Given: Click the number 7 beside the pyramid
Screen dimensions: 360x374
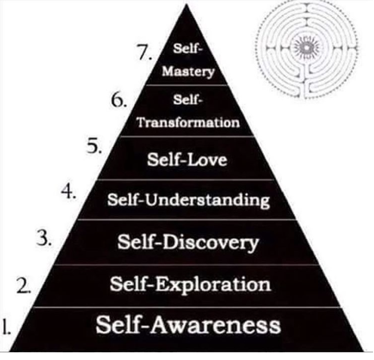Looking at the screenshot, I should click(143, 53).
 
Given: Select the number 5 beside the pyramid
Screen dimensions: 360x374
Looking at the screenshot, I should click(94, 147).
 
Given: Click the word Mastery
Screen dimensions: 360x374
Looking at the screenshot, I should click(188, 72).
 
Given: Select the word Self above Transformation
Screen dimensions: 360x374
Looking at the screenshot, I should click(187, 100).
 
